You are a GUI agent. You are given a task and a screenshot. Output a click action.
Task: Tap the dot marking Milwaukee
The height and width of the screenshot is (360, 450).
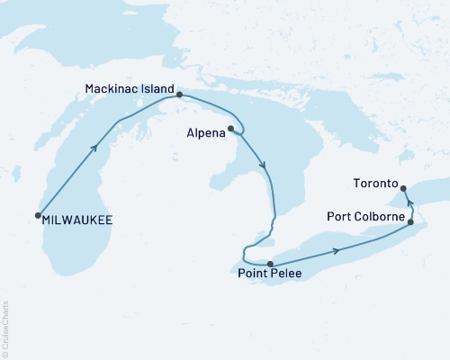pos(38,215)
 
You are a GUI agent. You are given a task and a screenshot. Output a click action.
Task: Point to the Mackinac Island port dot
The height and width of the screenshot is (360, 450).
pos(180,94)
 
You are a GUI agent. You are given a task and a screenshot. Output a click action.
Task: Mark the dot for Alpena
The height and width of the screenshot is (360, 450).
pos(231,129)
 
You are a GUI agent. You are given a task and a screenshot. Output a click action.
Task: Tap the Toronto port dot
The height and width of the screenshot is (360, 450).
pos(403,188)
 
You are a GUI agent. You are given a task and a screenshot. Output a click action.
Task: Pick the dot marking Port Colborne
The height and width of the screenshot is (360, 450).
pos(411,221)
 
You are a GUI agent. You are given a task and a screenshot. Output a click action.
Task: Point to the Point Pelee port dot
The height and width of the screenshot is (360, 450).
pos(270,264)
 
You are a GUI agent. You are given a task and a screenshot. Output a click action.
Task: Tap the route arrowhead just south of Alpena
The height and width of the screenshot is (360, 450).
pos(263,166)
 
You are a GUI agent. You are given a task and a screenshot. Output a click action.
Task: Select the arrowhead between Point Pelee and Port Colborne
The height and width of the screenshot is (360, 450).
pos(337,249)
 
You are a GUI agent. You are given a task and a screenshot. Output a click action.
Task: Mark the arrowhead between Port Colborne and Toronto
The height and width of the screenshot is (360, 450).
pos(409,203)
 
